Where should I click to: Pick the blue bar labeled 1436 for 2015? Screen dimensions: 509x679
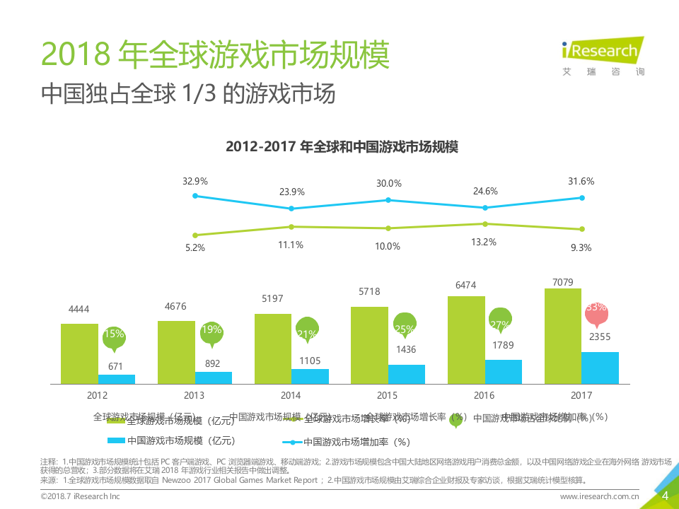click(407, 374)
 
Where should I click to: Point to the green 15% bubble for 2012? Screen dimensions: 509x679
click(114, 337)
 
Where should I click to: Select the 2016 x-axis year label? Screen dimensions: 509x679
click(484, 395)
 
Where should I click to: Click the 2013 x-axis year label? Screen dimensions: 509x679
click(194, 395)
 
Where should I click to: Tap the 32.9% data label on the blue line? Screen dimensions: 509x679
click(195, 181)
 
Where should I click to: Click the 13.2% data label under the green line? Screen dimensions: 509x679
click(484, 242)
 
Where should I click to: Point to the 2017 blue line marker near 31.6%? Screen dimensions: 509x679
click(582, 198)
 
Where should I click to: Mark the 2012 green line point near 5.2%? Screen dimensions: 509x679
click(195, 235)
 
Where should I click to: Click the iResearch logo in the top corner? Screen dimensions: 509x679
click(602, 54)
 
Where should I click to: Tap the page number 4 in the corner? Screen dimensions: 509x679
click(664, 496)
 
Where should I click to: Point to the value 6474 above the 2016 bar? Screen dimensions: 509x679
click(465, 286)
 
